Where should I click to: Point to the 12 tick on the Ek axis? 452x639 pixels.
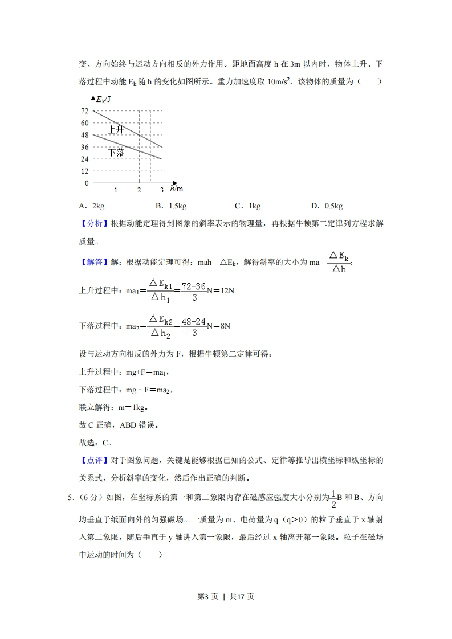coord(84,171)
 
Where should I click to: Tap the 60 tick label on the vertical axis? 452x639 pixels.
coord(84,122)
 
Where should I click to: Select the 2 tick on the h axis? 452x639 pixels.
coord(139,190)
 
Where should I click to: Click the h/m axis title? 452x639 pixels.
coord(176,189)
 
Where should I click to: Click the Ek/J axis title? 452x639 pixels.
coord(103,99)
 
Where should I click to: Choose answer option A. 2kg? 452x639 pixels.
coord(91,206)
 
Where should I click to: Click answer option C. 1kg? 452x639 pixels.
coord(247,206)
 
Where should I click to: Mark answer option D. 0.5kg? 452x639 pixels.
coord(327,206)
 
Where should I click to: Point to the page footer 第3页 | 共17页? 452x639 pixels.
coord(226,596)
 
